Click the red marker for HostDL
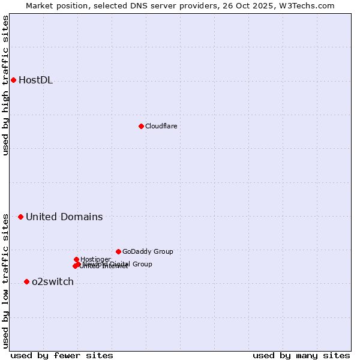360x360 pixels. [x=13, y=80]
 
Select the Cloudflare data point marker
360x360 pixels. [x=141, y=126]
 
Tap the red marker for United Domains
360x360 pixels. [x=20, y=217]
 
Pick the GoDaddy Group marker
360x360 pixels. [x=118, y=251]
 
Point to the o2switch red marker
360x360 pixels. [x=26, y=281]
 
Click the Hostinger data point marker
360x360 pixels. [x=76, y=259]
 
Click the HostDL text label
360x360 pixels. [x=35, y=80]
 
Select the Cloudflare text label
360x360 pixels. [x=161, y=126]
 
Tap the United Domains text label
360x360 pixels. [x=64, y=217]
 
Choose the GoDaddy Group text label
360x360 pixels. [x=148, y=251]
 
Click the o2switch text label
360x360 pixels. [x=53, y=282]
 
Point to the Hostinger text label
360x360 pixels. [x=95, y=259]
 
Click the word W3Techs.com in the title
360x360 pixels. [x=310, y=5]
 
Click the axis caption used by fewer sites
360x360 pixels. [x=62, y=355]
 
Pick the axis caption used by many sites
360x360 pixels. [x=301, y=355]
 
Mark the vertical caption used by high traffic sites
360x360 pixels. [x=5, y=85]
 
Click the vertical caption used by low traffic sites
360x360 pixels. [x=5, y=281]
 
